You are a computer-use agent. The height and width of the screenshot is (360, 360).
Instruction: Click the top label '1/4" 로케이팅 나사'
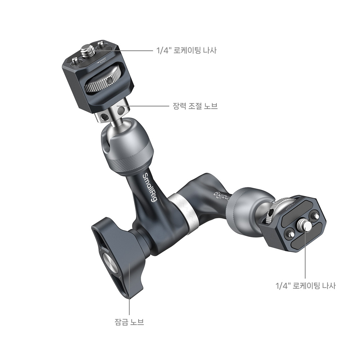[186, 50]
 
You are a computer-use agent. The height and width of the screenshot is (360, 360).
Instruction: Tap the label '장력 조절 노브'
[195, 106]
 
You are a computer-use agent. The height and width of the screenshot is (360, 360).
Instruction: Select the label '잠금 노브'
[129, 321]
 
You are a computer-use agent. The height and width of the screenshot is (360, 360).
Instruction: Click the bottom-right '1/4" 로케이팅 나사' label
[306, 286]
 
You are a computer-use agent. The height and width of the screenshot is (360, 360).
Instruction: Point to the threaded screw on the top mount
[86, 50]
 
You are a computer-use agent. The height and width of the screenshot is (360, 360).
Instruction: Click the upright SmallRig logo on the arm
[150, 188]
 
